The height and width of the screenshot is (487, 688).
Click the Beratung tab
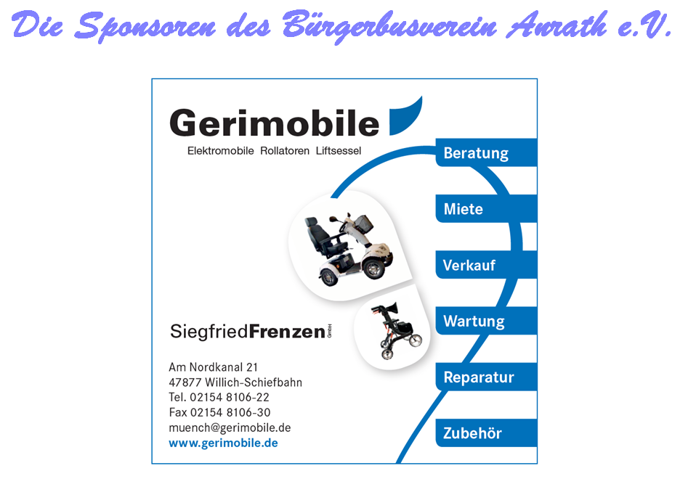486,152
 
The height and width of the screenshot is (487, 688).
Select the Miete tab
486,208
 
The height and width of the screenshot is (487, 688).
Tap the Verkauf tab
486,265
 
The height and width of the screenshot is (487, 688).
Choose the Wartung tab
486,321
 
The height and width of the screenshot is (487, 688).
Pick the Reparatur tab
486,377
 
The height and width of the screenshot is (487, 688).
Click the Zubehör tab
486,433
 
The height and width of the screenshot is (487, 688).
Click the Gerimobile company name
274,123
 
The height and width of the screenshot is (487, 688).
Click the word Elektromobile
220,151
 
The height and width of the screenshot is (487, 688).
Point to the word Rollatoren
285,151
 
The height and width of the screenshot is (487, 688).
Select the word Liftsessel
339,151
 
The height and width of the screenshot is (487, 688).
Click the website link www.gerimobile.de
223,443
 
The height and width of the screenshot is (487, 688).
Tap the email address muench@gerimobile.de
230,427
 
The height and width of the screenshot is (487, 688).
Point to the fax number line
220,412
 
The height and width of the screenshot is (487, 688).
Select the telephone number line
219,397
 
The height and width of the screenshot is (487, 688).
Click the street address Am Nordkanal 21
214,367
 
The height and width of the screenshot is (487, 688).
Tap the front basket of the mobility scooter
364,224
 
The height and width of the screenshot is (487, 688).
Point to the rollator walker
396,330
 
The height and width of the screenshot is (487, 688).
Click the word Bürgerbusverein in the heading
389,25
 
